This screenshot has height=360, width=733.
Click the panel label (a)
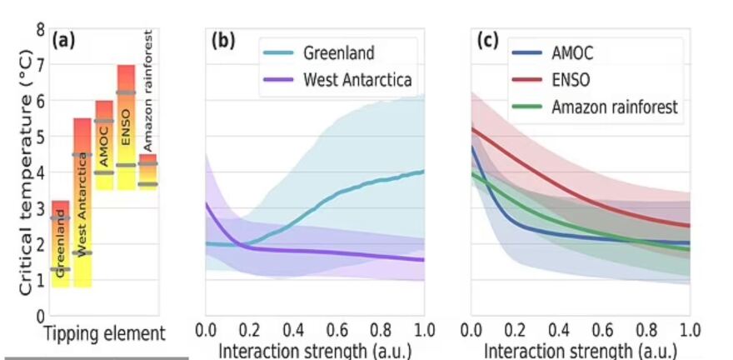tap(64, 40)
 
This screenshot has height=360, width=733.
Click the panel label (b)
tap(223, 40)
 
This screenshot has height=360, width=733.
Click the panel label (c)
tap(488, 40)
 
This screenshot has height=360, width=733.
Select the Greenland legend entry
tap(337, 53)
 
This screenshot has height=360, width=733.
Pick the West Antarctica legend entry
tap(357, 81)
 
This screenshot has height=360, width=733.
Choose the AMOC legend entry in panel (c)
tap(571, 53)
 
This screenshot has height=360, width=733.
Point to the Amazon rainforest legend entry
tap(615, 107)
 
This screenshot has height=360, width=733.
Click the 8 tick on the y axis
tap(40, 29)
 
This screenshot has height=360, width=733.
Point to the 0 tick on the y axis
tap(40, 316)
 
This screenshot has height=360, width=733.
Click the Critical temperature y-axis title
tap(26, 171)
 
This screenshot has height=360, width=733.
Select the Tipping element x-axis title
tap(106, 334)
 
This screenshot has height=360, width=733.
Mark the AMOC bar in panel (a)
tap(104, 145)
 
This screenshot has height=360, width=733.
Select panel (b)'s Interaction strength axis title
tap(315, 351)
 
